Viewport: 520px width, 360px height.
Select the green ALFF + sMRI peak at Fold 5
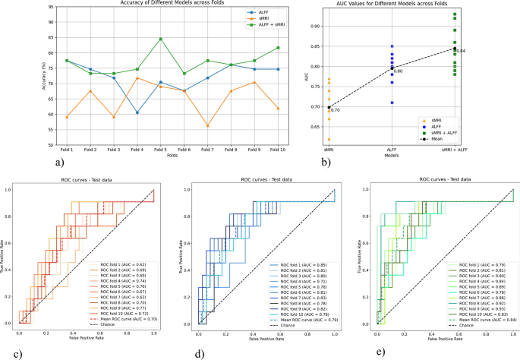pos(160,39)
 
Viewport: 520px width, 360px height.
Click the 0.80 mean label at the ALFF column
pos(399,71)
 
